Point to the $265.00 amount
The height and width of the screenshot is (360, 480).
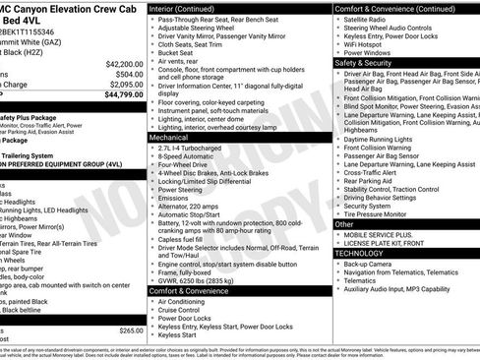click(131, 331)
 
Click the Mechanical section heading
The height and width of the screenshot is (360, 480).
click(169, 139)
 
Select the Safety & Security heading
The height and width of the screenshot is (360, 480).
click(363, 61)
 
